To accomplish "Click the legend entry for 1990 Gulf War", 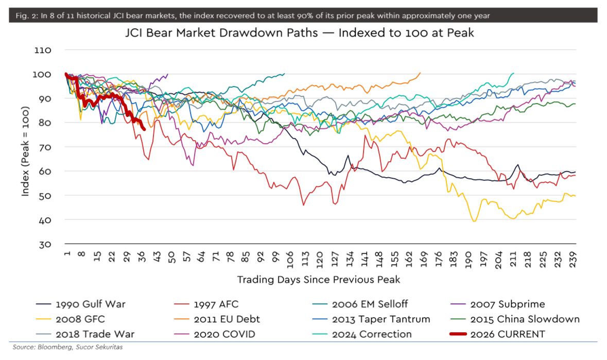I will [90, 304].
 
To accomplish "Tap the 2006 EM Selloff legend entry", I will [369, 304].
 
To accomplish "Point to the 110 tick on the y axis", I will [44, 50].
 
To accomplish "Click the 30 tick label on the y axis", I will [46, 244].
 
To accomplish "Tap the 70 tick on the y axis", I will [46, 147].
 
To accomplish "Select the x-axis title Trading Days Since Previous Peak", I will [318, 280].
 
